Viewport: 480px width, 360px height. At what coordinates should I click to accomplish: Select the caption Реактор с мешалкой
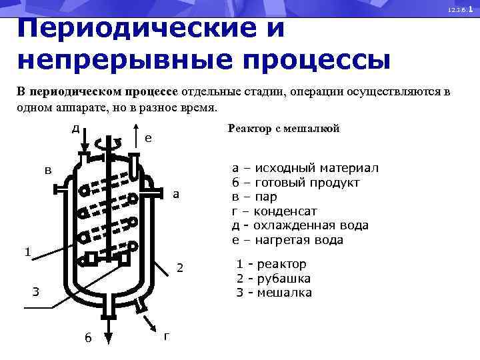(x=283, y=129)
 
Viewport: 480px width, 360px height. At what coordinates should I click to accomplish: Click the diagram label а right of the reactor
(x=175, y=195)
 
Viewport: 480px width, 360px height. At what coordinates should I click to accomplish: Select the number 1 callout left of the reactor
(x=27, y=251)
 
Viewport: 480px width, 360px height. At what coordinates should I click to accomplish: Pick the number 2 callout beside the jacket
(x=179, y=268)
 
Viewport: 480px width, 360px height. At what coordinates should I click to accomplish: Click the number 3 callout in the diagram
(x=37, y=291)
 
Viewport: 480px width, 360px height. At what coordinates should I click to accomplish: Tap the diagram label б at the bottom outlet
(x=88, y=337)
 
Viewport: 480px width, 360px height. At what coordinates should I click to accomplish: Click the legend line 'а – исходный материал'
(x=305, y=169)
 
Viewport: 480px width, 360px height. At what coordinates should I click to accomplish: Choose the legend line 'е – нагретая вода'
(x=287, y=240)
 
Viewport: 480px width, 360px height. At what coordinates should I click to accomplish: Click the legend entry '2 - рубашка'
(x=273, y=279)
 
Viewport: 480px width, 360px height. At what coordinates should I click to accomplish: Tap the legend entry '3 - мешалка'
(x=274, y=293)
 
